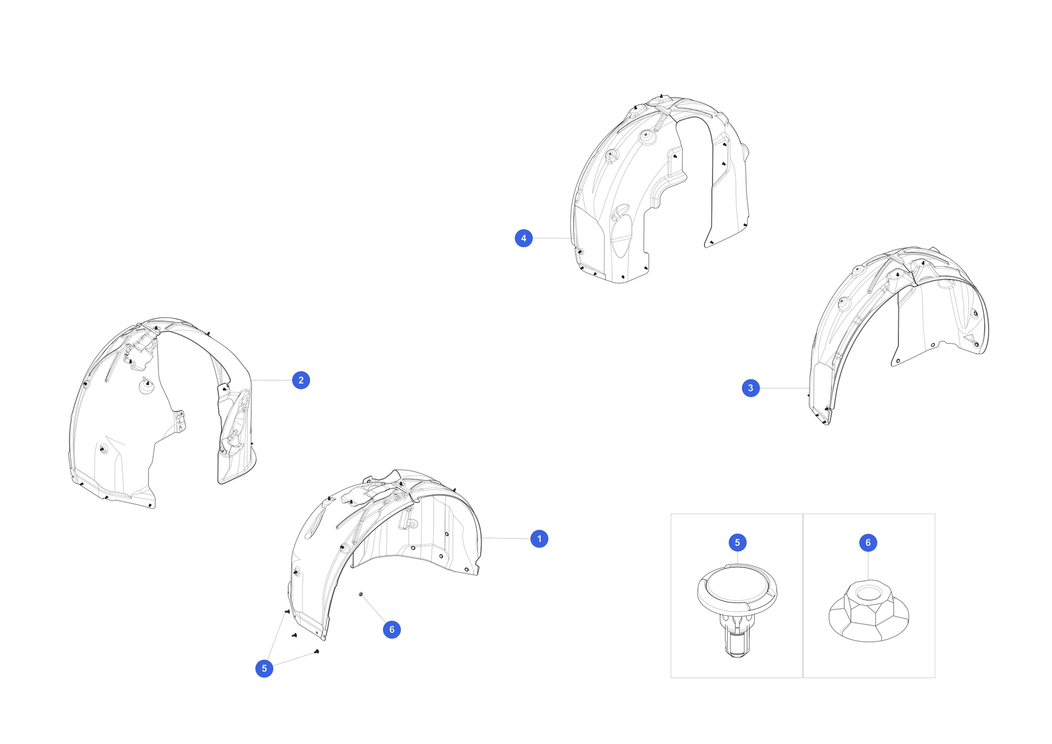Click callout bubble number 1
coord(539,539)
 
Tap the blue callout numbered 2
coord(301,380)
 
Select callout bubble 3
coord(750,388)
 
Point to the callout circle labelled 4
coord(523,238)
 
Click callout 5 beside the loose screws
coord(264,668)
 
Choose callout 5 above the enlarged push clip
coord(737,542)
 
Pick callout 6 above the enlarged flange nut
coord(868,542)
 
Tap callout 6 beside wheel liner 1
coord(391,629)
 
